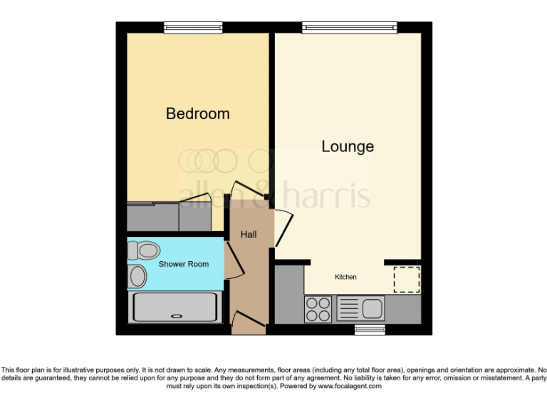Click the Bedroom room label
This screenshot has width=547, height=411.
tap(197, 113)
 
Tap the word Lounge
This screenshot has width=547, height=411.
tap(348, 147)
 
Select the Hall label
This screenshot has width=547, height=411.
tap(249, 235)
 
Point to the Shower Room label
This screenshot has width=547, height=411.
tap(184, 264)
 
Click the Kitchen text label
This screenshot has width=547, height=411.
tap(346, 277)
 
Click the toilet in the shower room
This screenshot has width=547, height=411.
tap(145, 250)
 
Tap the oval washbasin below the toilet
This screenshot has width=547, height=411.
tap(138, 276)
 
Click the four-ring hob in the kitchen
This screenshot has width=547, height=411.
tap(318, 309)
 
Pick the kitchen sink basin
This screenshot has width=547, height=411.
tap(373, 309)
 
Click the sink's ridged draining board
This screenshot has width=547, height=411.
tap(349, 309)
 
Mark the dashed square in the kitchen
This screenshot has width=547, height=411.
tap(407, 278)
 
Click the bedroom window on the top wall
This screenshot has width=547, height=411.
tap(193, 28)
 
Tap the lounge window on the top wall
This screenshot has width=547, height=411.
tap(349, 28)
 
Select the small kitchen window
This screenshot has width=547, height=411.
tap(370, 330)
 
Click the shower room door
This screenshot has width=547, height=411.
tap(234, 260)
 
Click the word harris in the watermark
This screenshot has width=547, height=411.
tap(328, 193)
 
